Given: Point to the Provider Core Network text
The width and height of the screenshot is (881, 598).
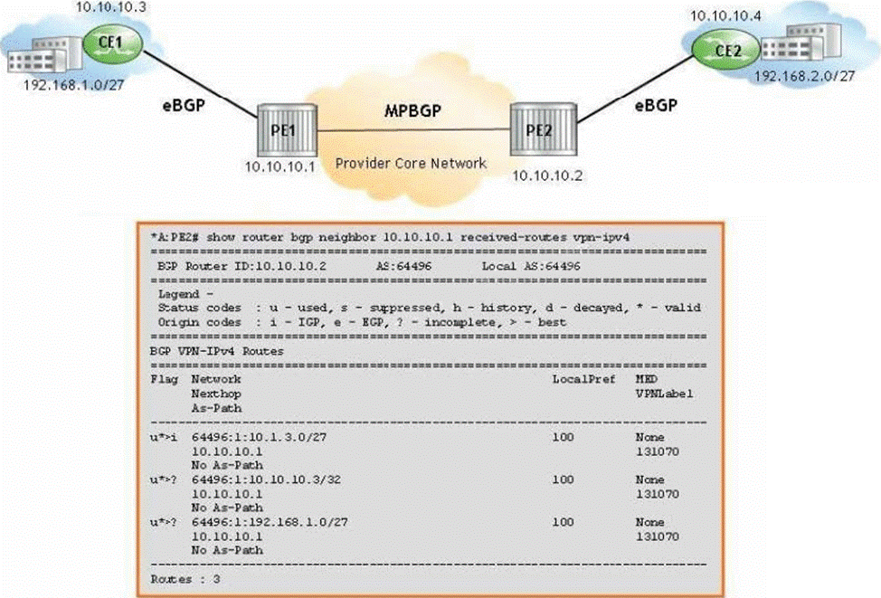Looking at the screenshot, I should pos(411,164).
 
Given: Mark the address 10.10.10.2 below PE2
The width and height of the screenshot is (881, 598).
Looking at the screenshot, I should pos(545,176).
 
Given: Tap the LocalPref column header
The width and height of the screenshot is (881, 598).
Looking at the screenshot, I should pos(583,379).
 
